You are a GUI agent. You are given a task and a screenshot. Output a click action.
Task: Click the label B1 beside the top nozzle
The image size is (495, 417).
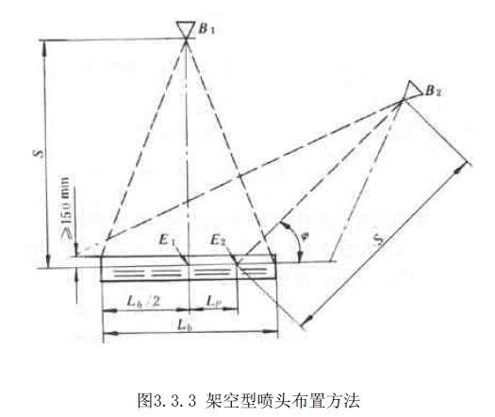pos(206,29)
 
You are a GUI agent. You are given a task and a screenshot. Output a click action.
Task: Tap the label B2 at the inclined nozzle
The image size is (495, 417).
pos(433,91)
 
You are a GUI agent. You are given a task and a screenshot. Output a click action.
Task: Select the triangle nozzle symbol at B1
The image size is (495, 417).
pos(186,29)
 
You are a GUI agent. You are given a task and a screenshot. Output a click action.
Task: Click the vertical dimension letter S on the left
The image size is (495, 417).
pos(40,154)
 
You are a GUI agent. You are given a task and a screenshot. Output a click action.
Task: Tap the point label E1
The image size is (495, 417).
pos(167,241)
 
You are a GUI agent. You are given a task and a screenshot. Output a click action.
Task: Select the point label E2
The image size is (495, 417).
pos(218,241)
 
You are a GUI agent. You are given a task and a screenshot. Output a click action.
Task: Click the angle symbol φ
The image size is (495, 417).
pos(305,237)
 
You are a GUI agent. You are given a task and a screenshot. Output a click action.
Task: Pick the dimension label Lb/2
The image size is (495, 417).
pos(143,301)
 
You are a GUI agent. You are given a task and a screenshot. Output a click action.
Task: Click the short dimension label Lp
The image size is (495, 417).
pos(213,301)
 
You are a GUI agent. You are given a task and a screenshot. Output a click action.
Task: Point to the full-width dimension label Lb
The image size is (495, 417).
pos(186,325)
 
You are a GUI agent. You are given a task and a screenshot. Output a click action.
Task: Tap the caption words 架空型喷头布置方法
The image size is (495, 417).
pos(283,401)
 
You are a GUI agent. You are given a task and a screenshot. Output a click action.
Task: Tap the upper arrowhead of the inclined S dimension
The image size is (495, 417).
pos(461,167)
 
